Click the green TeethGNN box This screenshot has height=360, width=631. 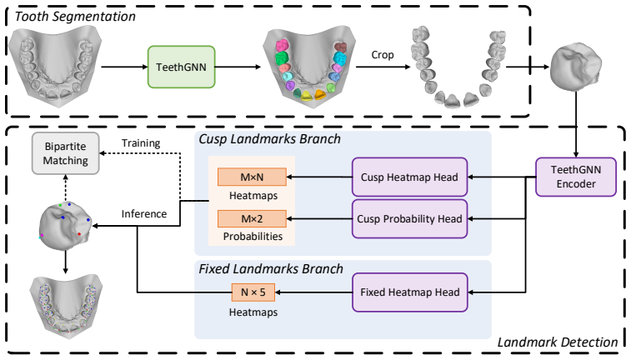click(181, 67)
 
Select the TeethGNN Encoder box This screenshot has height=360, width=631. click(576, 177)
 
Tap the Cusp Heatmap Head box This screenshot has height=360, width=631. click(409, 177)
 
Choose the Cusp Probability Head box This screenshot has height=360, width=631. click(409, 219)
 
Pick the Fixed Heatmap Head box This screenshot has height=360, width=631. click(409, 292)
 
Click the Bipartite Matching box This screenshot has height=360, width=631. click(66, 153)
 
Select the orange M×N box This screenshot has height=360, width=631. click(252, 177)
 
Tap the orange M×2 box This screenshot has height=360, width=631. click(252, 219)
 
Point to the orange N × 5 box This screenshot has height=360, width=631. click(253, 292)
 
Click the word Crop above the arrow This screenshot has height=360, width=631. click(383, 55)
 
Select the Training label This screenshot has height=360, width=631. click(141, 143)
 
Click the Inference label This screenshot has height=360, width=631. click(144, 213)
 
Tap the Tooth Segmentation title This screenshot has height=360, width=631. click(75, 17)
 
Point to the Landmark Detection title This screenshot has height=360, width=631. click(558, 342)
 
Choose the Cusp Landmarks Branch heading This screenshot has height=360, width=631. click(269, 139)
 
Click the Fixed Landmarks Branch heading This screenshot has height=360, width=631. click(271, 268)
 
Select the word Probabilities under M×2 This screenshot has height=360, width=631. click(253, 236)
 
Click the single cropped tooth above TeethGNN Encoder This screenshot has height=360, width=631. click(575, 67)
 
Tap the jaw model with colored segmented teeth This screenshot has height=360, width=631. click(309, 67)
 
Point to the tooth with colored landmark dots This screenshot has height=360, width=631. click(66, 226)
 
